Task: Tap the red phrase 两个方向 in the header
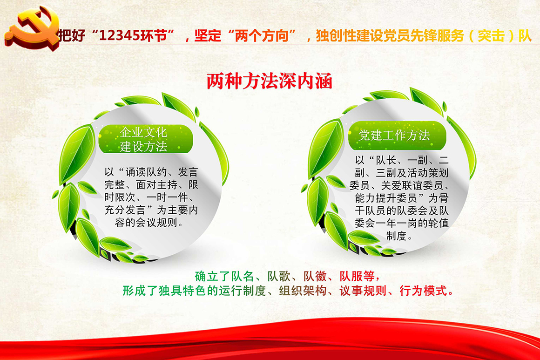[x=262, y=35]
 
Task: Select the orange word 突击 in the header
[x=491, y=35]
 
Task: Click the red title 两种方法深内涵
[x=270, y=82]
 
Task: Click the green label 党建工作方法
[x=394, y=135]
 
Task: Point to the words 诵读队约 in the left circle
[x=146, y=172]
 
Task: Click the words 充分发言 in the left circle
[x=125, y=210]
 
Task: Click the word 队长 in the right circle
[x=386, y=160]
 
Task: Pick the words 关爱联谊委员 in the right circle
[x=412, y=185]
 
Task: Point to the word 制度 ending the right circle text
[x=397, y=236]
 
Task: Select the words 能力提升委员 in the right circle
[x=386, y=198]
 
